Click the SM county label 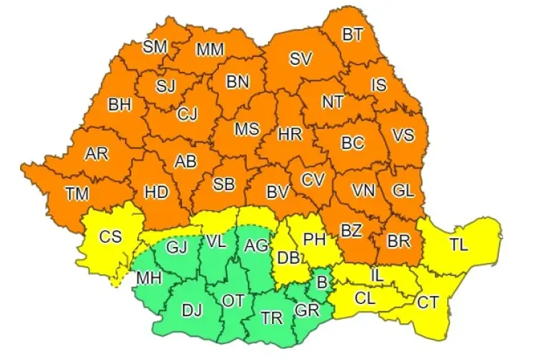(x=155, y=47)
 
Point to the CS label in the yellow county (x=110, y=235)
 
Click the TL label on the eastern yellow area (x=459, y=244)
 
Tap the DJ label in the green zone (x=192, y=311)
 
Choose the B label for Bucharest (x=321, y=282)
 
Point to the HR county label (x=289, y=134)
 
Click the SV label (x=300, y=60)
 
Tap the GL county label (x=403, y=191)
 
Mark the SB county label (x=224, y=184)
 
